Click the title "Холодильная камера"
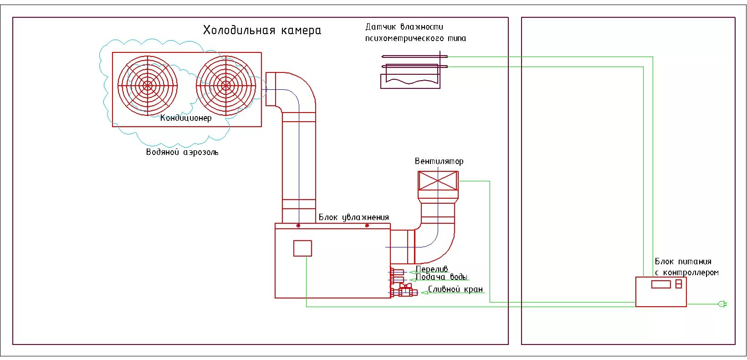(x=262, y=31)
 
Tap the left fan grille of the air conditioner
(x=147, y=85)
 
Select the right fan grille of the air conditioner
(x=225, y=85)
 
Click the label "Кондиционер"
(x=186, y=118)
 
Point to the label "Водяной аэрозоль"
(x=182, y=152)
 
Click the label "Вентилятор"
(x=439, y=161)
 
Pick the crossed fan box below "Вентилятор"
(x=438, y=180)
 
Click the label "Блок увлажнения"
(x=353, y=217)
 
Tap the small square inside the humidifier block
(x=302, y=248)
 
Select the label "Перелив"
(x=432, y=269)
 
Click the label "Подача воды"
(x=441, y=277)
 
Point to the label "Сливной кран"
(x=455, y=290)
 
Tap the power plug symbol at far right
(x=721, y=303)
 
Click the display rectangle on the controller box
(x=661, y=284)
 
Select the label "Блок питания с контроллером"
(x=686, y=267)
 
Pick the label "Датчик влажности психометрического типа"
(x=415, y=33)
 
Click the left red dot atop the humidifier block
(x=298, y=226)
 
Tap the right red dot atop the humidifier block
(x=367, y=226)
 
